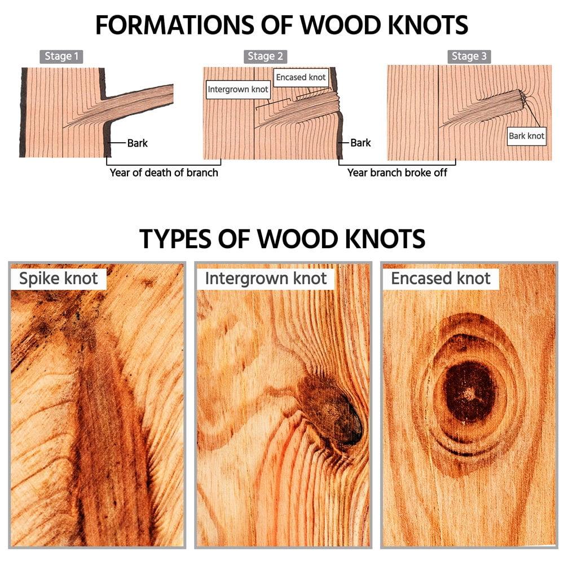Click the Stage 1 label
click(61, 56)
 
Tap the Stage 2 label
click(265, 56)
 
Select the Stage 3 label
click(469, 56)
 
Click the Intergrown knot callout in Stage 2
click(238, 90)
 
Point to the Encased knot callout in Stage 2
click(301, 77)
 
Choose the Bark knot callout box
click(527, 136)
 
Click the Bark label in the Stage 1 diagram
click(138, 143)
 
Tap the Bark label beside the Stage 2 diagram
click(360, 143)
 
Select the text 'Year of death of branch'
click(164, 173)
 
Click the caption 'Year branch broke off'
click(397, 173)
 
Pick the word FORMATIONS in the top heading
click(174, 25)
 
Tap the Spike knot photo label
click(58, 279)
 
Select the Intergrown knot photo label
click(266, 279)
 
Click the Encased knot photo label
click(440, 279)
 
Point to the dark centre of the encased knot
click(469, 391)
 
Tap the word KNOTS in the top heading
click(428, 25)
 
